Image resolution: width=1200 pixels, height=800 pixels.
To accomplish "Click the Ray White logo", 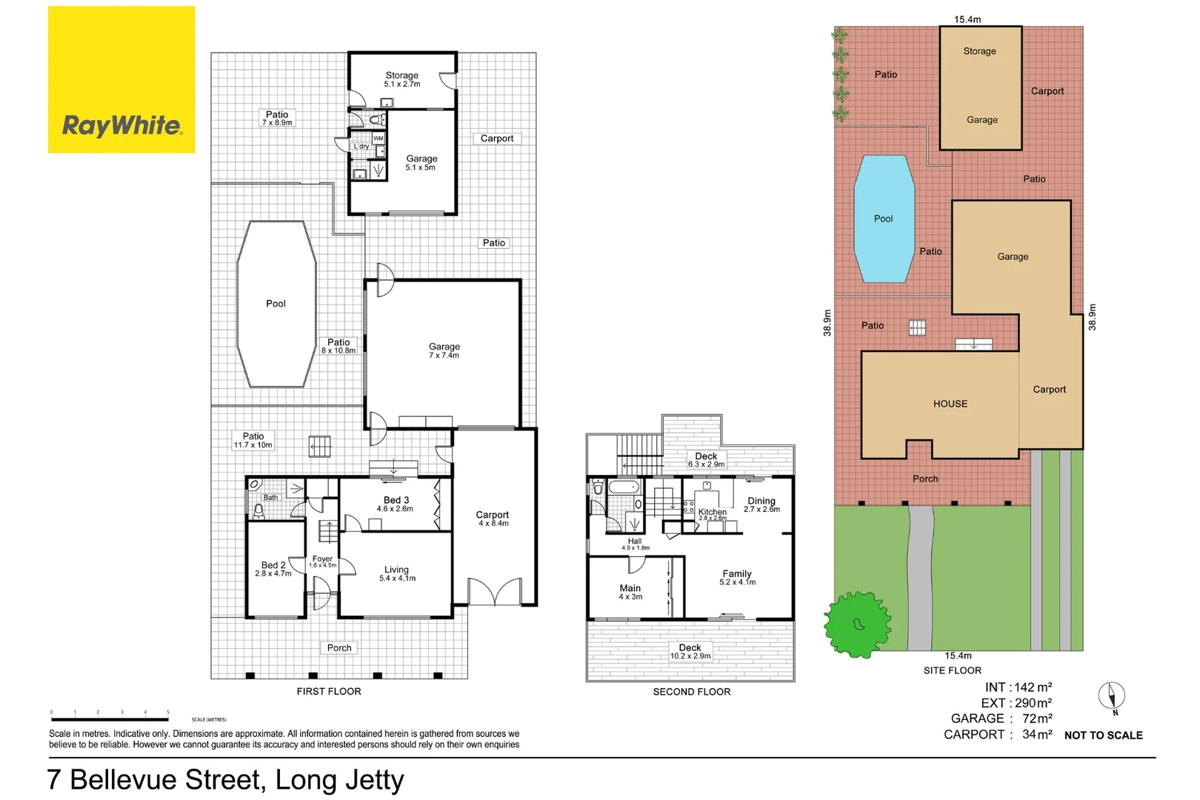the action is pyautogui.click(x=121, y=80).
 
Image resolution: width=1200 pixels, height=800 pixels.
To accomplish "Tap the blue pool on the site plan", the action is pyautogui.click(x=884, y=219).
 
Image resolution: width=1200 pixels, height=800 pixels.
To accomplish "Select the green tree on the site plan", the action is pyautogui.click(x=857, y=624).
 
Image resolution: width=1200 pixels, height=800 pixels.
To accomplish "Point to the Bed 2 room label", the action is pyautogui.click(x=273, y=569).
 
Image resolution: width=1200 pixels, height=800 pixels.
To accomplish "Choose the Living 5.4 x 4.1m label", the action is pyautogui.click(x=397, y=574).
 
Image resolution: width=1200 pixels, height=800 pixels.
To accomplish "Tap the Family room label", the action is pyautogui.click(x=737, y=578).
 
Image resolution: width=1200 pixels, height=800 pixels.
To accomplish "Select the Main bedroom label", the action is pyautogui.click(x=630, y=592).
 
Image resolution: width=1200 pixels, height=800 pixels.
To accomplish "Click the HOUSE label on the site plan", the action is pyautogui.click(x=950, y=404).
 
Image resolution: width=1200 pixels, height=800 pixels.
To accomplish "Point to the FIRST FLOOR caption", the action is pyautogui.click(x=329, y=692).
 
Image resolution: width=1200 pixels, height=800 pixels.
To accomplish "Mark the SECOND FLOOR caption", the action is pyautogui.click(x=692, y=692).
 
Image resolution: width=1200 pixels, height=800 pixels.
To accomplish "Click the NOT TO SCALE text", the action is pyautogui.click(x=1104, y=735).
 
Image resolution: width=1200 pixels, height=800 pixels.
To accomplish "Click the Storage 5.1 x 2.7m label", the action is pyautogui.click(x=401, y=80).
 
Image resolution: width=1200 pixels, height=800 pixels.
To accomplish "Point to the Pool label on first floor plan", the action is pyautogui.click(x=276, y=304).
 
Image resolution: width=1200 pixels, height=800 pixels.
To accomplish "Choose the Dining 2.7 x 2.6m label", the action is pyautogui.click(x=761, y=504).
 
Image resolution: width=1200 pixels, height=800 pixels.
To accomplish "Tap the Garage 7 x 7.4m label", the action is pyautogui.click(x=444, y=351).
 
